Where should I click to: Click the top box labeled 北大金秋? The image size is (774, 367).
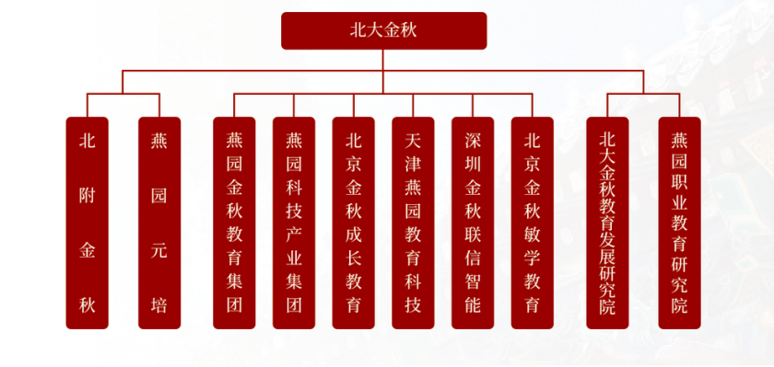tap(383, 30)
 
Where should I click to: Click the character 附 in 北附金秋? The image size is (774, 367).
tap(88, 196)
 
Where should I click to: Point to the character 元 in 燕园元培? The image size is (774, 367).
tap(159, 249)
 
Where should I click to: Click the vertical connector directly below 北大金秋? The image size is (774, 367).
tap(383, 59)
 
